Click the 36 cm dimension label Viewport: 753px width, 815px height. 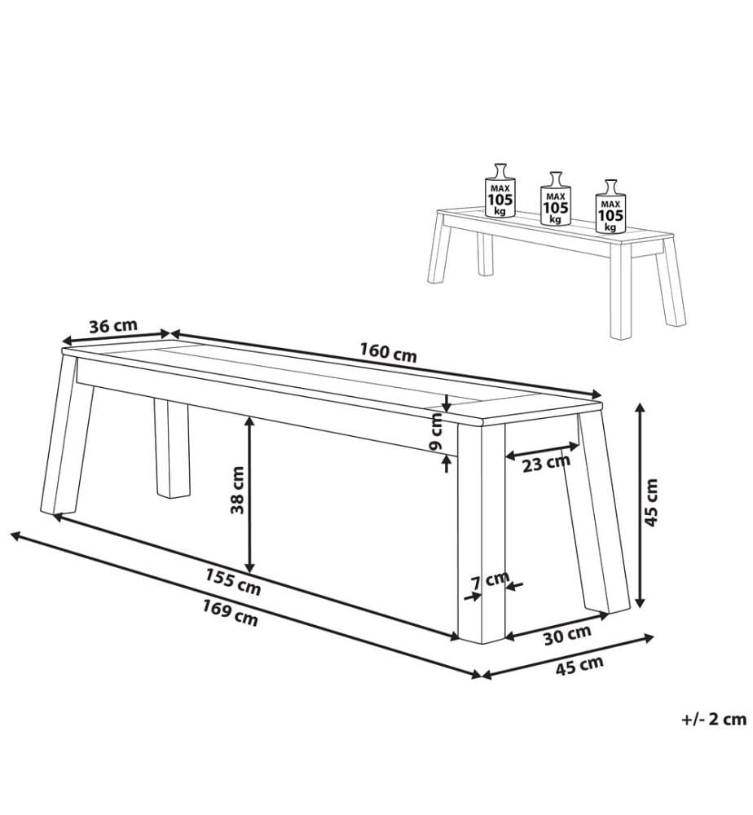(113, 327)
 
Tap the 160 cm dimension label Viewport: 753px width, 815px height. (388, 352)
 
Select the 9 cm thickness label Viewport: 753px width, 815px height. (436, 431)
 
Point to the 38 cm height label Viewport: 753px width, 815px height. (237, 490)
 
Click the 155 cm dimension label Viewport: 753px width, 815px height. (233, 582)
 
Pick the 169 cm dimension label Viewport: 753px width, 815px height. (230, 613)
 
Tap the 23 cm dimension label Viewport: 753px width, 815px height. (546, 463)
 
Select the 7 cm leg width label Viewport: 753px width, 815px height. (490, 580)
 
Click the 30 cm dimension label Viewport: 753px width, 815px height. (567, 635)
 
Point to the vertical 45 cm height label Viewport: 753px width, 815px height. (650, 502)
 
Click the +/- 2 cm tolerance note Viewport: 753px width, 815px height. (714, 719)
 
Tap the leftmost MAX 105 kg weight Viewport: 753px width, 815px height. (500, 192)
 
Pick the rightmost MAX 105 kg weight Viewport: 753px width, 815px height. (610, 207)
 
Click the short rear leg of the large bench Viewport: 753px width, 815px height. (172, 449)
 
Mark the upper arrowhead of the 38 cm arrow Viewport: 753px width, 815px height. (249, 421)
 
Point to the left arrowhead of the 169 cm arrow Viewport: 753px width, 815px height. (15, 535)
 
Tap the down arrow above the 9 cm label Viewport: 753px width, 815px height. (446, 403)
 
